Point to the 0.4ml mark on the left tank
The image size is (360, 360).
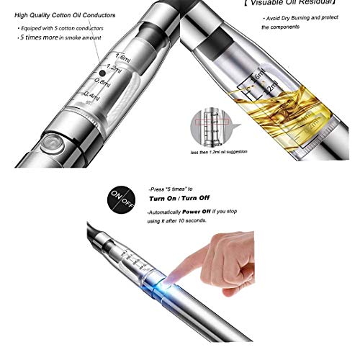[91, 94]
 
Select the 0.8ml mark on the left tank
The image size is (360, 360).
[103, 82]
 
